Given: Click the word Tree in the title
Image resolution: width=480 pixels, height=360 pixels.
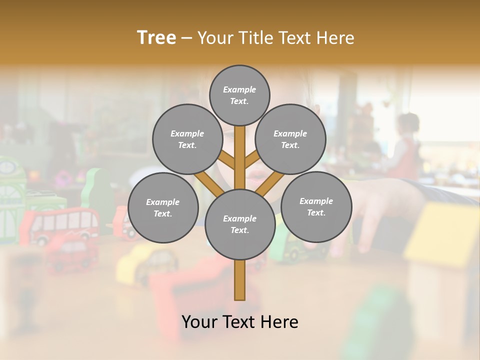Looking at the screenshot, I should (x=156, y=38).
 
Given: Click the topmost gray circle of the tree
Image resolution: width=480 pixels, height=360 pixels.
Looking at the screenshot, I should (x=239, y=95).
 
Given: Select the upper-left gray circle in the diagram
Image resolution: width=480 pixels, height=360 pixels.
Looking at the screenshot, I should (x=187, y=139).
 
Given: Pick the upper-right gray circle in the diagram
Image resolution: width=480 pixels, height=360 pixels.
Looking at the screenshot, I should (x=290, y=139).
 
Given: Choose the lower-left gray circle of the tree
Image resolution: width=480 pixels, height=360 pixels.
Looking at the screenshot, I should (x=163, y=207).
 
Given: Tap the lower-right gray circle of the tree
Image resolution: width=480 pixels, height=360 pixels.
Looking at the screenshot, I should (x=316, y=206).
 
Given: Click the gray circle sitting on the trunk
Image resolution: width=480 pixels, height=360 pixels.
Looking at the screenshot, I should (x=240, y=224).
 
